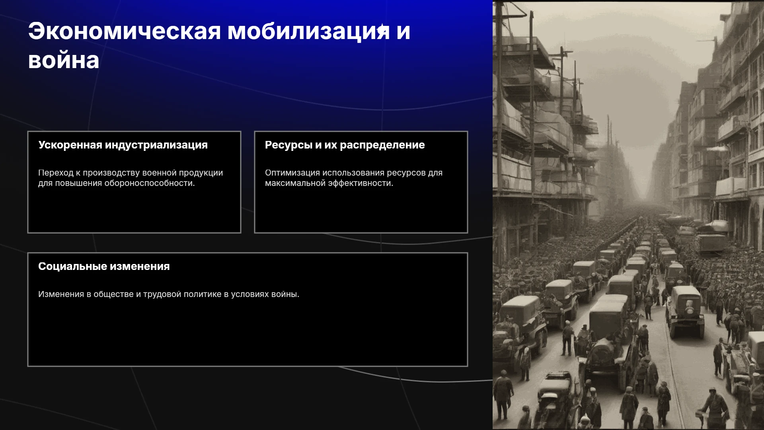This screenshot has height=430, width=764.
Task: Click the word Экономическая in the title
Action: coord(125,31)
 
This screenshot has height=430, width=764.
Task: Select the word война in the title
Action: coord(64,61)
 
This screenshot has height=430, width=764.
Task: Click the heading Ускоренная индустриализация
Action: coord(123,145)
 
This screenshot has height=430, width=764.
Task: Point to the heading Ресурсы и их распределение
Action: coord(345,145)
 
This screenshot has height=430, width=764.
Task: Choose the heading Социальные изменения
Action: coord(104,266)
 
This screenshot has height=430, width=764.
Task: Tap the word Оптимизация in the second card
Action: coord(292,173)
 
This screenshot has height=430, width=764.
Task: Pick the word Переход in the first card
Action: coord(56,173)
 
